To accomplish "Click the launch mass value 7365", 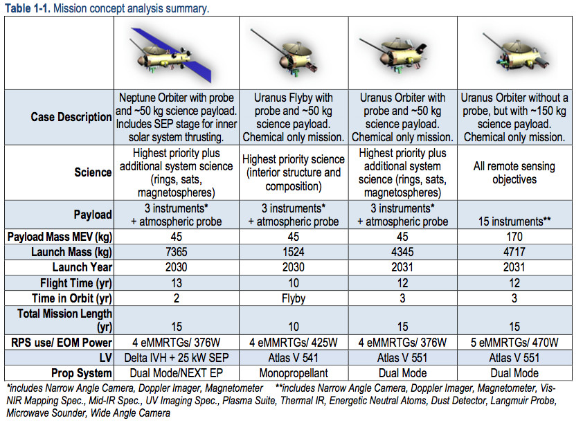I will [176, 252].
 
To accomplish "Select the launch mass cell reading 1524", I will [293, 252].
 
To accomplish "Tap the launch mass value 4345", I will [402, 252].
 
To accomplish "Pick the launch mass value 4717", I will [513, 252].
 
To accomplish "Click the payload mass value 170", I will [513, 237].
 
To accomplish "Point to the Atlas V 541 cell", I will [293, 359].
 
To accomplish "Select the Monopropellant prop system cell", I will [293, 374].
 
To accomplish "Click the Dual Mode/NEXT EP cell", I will [176, 374].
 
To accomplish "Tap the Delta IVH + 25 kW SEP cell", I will [176, 359].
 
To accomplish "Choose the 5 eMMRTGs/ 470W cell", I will [513, 343].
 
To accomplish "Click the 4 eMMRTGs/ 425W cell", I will [293, 343].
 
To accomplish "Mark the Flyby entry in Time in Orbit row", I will [293, 298].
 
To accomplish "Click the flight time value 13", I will [176, 282].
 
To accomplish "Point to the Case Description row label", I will [71, 117].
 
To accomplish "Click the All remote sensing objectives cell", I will [513, 173].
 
